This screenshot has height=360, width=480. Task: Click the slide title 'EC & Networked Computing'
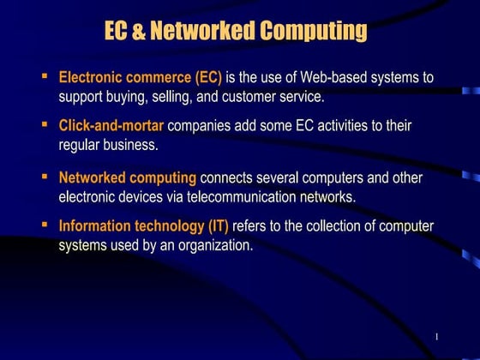click(235, 33)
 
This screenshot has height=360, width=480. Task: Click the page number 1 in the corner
click(436, 335)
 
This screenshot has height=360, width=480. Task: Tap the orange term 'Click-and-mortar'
click(111, 127)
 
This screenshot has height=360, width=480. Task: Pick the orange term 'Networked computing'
click(127, 178)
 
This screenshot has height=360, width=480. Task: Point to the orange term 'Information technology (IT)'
click(143, 227)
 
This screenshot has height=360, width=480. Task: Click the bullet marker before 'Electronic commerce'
click(45, 76)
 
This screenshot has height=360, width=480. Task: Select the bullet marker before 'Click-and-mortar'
click(45, 125)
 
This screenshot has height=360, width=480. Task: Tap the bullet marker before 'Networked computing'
click(45, 177)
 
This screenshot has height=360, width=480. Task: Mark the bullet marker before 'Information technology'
click(45, 225)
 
